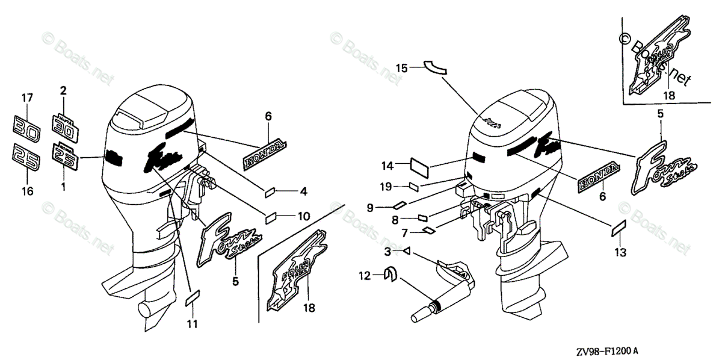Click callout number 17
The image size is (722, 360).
[x=27, y=97]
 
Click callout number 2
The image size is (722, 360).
[x=63, y=92]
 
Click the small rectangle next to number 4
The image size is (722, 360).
[x=271, y=192]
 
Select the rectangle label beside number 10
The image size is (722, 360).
[x=271, y=215]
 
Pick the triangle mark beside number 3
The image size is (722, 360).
[x=407, y=252]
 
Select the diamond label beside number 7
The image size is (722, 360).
[x=428, y=231]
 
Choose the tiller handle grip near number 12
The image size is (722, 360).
[x=422, y=313]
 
